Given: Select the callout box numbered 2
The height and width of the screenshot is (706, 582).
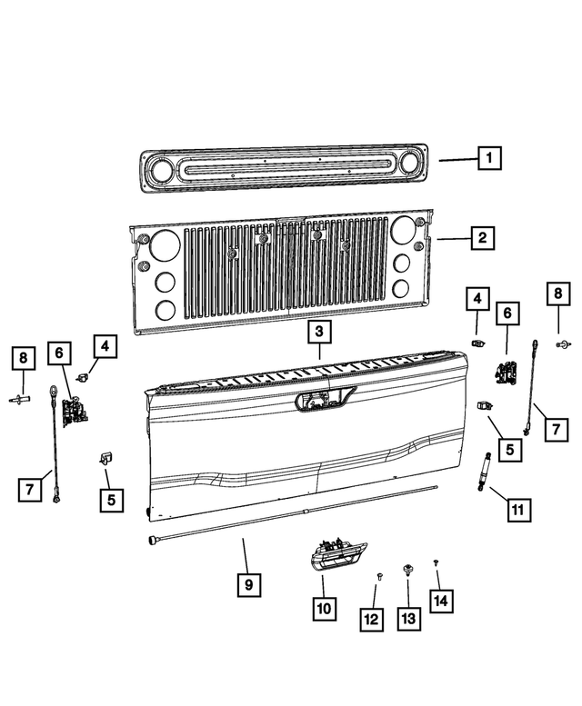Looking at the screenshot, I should click(x=482, y=239).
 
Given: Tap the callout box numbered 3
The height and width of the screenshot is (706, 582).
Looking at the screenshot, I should click(x=319, y=333).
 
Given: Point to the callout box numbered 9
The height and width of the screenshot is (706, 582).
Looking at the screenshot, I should click(x=245, y=586).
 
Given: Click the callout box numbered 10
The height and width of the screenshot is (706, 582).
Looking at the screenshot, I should click(x=324, y=608).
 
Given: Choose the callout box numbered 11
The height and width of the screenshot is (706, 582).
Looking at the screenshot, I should click(x=517, y=511).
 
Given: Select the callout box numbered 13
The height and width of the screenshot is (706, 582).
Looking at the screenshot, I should click(x=408, y=619).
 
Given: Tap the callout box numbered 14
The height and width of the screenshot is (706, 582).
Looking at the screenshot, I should click(x=442, y=600).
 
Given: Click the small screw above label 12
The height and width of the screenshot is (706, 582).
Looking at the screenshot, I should click(x=377, y=577).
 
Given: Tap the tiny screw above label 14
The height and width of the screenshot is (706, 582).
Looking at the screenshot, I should click(x=436, y=563).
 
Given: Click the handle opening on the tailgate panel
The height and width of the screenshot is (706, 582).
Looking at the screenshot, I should click(x=318, y=399).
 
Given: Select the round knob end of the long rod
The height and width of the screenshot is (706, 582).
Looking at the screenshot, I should click(x=149, y=541).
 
